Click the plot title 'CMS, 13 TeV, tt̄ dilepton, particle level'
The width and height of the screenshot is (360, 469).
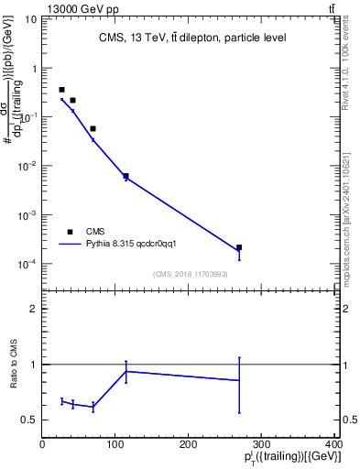tap(191, 38)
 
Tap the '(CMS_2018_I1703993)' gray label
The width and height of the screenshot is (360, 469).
tap(191, 274)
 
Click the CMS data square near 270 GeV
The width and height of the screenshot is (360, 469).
tap(239, 247)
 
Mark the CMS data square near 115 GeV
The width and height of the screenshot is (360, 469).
tap(125, 176)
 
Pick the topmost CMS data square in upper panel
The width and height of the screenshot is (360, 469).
tap(61, 90)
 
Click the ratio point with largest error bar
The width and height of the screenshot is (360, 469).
tap(239, 380)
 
